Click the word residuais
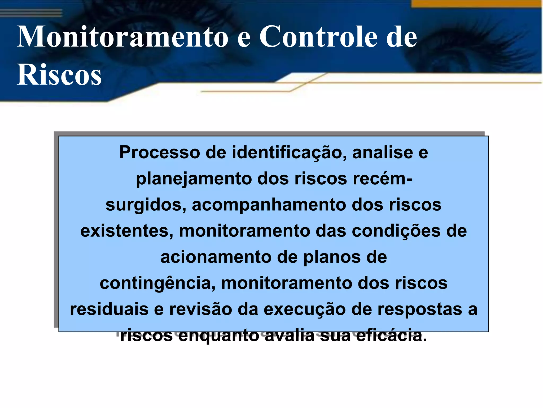109,309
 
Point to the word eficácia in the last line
391,336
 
